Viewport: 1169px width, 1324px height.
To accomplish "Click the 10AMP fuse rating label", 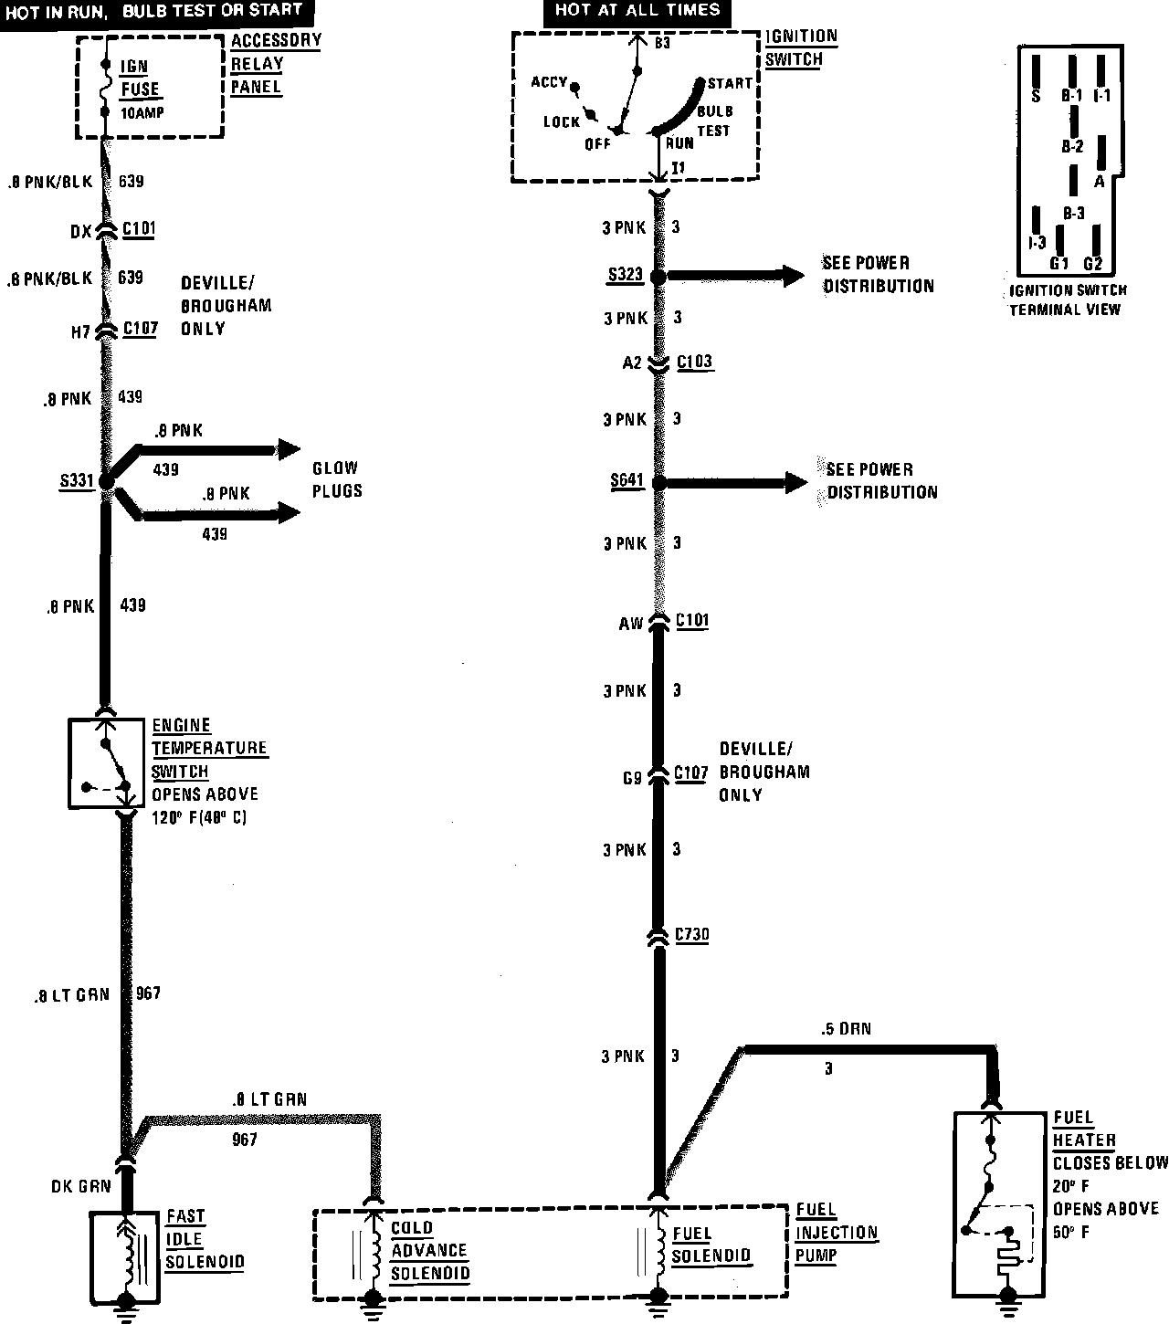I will point(142,113).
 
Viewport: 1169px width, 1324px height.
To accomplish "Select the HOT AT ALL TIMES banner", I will point(637,12).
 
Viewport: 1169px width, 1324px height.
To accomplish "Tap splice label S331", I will point(77,480).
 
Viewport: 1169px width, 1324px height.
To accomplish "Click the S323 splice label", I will point(626,275).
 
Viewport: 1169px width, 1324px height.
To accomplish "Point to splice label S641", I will point(627,481).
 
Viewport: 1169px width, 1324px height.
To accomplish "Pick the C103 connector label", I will point(694,363).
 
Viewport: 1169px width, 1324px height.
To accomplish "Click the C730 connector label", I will point(692,936).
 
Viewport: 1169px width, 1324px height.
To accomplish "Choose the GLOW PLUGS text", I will point(337,479).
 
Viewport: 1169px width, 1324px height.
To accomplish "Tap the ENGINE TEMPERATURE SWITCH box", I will point(107,762).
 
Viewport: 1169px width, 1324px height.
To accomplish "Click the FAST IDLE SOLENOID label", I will point(205,1240).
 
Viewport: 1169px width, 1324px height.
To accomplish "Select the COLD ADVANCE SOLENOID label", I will point(429,1251).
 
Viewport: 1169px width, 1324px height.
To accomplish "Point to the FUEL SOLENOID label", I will point(711,1245).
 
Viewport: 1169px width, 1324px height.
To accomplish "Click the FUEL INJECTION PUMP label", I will point(836,1233).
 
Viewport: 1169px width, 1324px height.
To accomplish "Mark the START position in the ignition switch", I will point(730,84).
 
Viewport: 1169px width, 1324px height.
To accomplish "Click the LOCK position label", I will point(562,121).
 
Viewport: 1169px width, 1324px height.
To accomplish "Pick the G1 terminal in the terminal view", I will point(1059,263).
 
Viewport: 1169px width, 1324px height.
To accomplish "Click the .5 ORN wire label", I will point(846,1029).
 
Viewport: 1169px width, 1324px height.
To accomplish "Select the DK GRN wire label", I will point(81,1186).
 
